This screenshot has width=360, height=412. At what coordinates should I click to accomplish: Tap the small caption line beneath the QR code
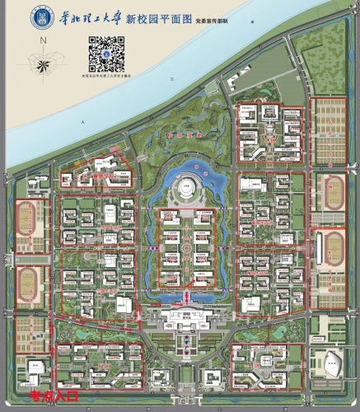pyautogui.click(x=103, y=75)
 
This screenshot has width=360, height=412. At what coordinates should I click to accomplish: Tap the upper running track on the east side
pyautogui.click(x=334, y=192)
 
